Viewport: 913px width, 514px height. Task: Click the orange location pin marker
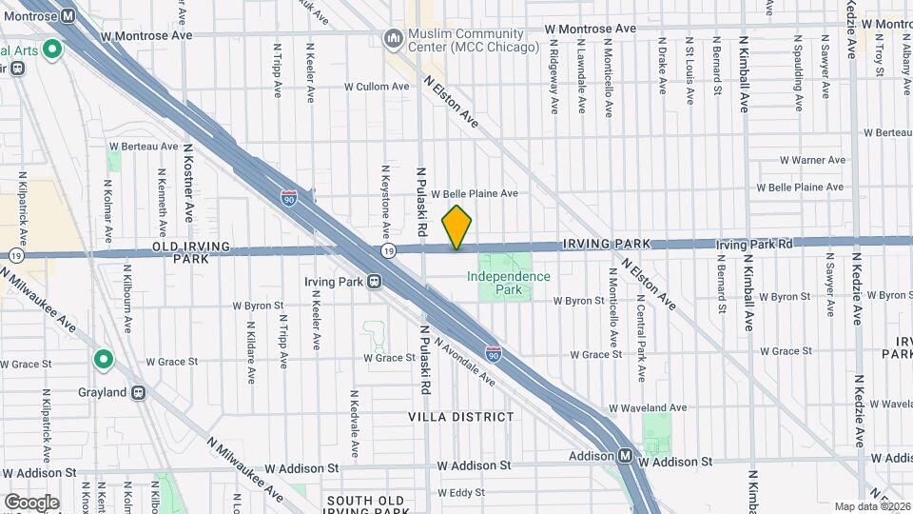coord(457,227)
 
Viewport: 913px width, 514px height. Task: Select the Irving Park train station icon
coord(375,282)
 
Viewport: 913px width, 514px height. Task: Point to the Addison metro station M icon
coord(626,455)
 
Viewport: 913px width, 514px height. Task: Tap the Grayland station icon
coord(139,391)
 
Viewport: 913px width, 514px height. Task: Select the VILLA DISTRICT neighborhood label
coord(460,417)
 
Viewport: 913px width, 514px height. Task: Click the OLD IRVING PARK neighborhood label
coord(191,252)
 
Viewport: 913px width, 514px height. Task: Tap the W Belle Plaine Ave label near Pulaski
coord(475,193)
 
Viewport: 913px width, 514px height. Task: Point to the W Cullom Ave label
coord(376,86)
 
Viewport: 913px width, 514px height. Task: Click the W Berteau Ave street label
coord(144,147)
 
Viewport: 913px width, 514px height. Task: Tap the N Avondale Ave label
coord(464,362)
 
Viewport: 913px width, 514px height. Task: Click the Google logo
coord(31,502)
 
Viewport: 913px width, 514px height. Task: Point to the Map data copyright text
coord(871,506)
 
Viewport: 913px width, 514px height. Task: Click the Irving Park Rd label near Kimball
coord(754,245)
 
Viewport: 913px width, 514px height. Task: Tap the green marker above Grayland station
coord(103,361)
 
